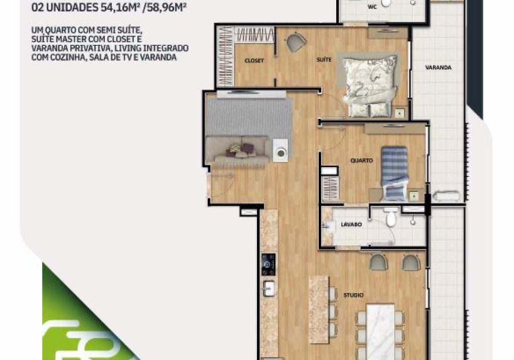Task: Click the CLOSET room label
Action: (x=254, y=61)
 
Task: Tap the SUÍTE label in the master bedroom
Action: (x=324, y=60)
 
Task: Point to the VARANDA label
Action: (x=438, y=67)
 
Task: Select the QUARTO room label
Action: (x=361, y=160)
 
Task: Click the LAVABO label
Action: (x=351, y=225)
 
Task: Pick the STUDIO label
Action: (x=354, y=295)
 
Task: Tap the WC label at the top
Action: (x=372, y=7)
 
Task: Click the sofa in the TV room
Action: (x=238, y=149)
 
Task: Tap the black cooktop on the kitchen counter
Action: (x=268, y=264)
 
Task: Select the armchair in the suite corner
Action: (x=296, y=42)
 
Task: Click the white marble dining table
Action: (x=380, y=331)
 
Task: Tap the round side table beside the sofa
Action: (x=281, y=151)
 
